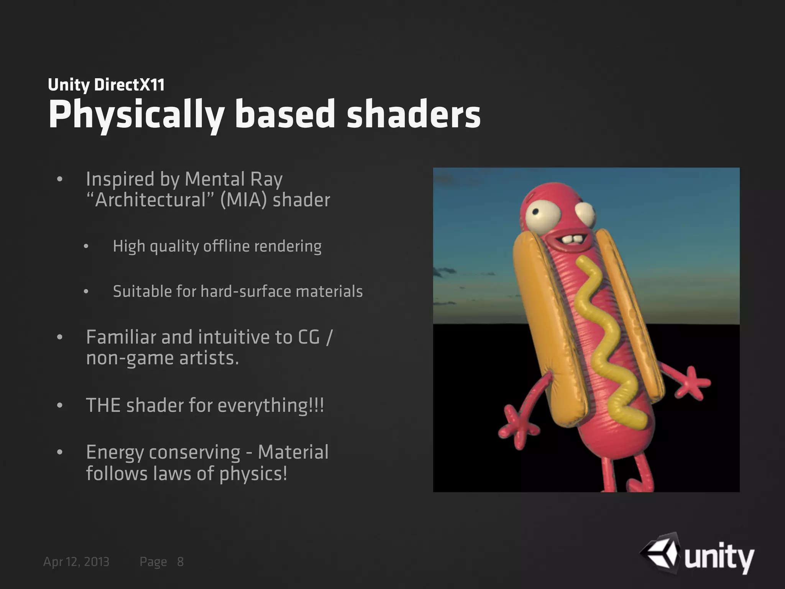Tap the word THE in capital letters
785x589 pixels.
103,405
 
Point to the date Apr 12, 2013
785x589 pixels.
76,562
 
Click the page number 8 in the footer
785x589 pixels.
180,562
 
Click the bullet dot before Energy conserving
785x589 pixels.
59,452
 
